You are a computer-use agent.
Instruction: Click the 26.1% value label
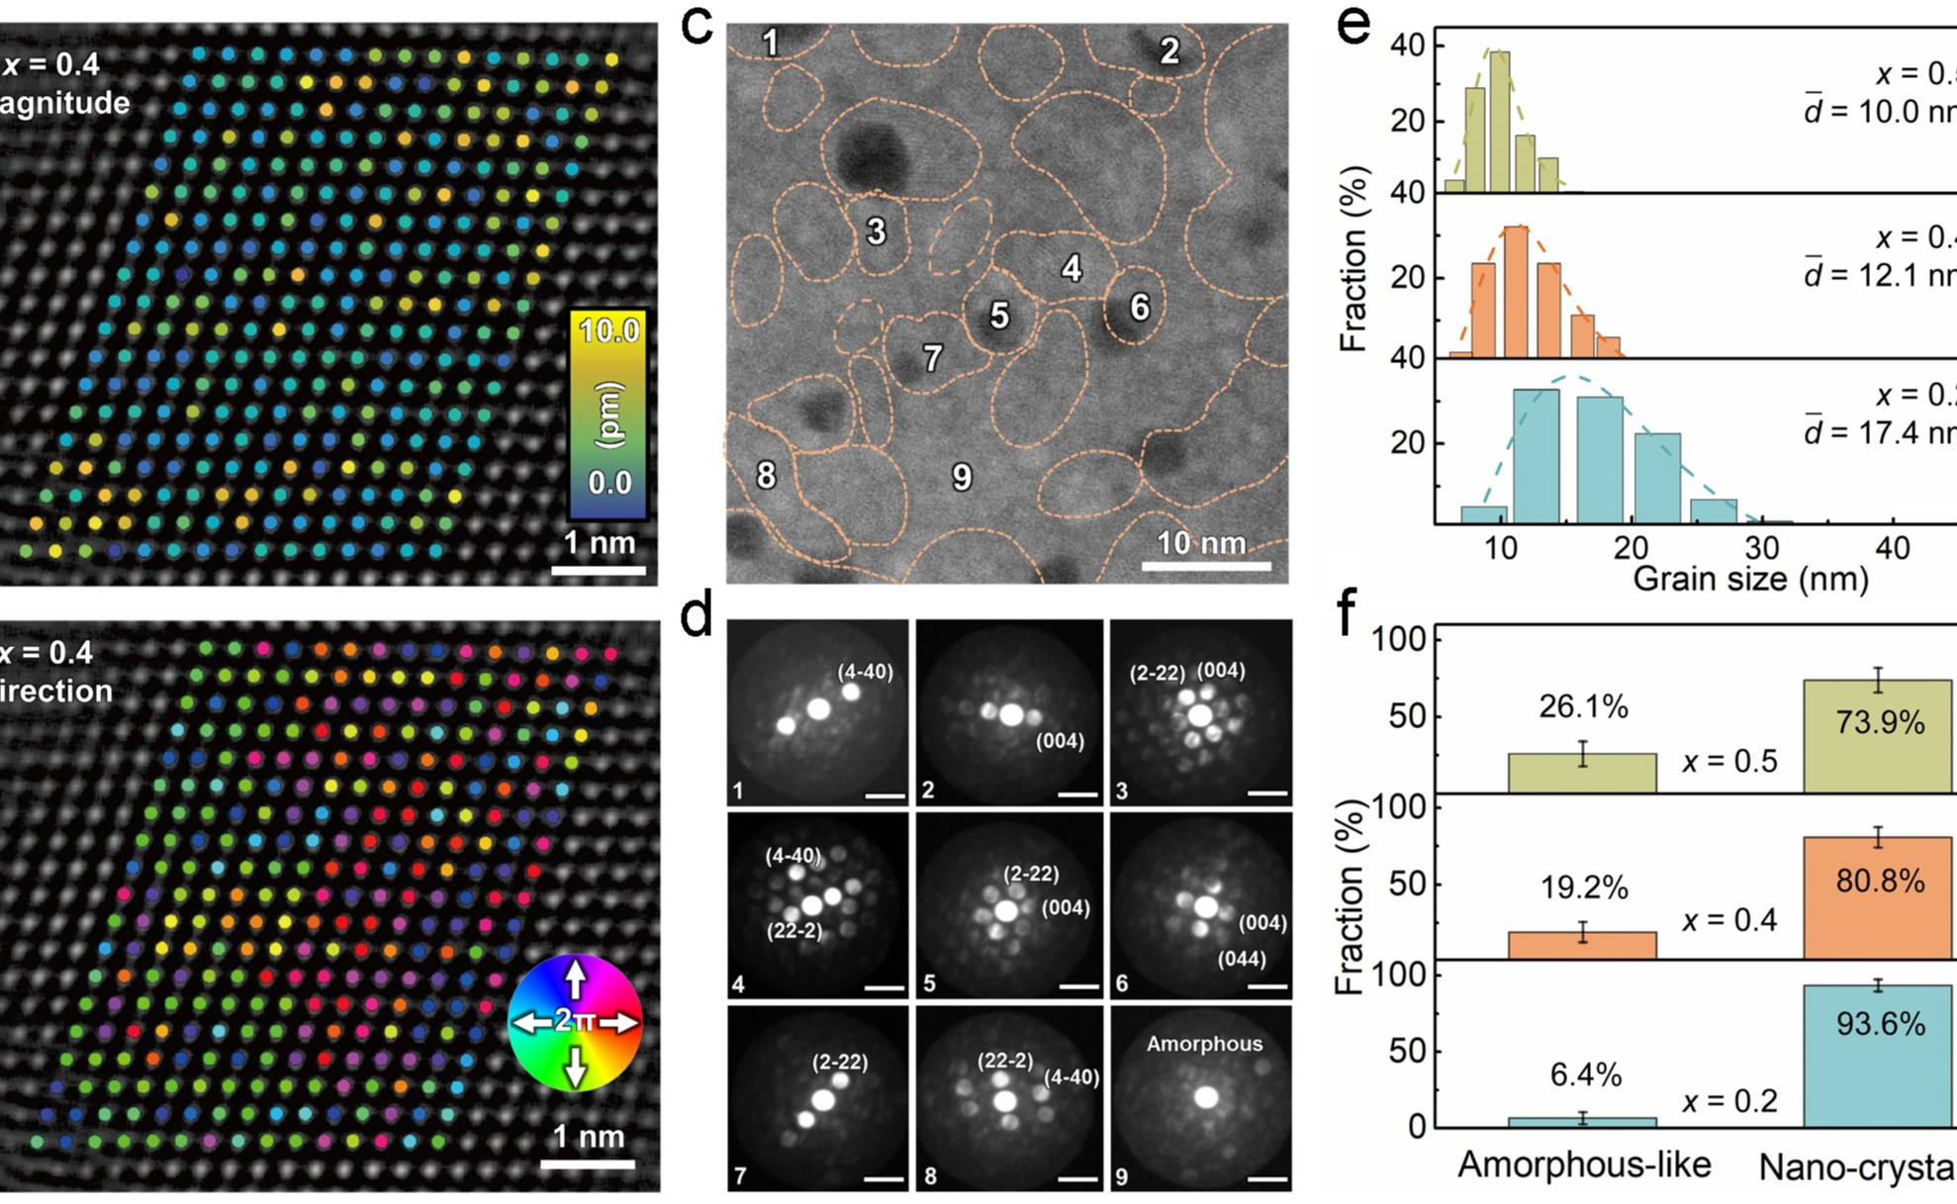coord(1583,706)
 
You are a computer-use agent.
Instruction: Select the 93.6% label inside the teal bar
coord(1880,1023)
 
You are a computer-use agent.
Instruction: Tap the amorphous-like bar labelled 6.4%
coord(1582,1121)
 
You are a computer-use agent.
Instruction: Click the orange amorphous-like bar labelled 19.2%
coord(1582,945)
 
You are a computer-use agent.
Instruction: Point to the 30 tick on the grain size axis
coord(1762,547)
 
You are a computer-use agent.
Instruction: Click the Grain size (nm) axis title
coord(1749,579)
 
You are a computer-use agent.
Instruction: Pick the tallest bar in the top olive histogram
coord(1500,121)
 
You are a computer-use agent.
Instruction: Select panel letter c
coord(698,26)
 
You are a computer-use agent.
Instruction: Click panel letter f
coord(1347,613)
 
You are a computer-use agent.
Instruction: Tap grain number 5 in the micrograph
coord(999,316)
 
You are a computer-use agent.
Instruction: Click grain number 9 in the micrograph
coord(962,478)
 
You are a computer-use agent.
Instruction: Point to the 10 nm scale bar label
coord(1201,542)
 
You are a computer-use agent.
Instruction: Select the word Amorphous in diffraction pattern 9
coord(1204,1044)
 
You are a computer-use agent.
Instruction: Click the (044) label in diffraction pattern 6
coord(1241,958)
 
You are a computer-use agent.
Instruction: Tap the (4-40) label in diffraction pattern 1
coord(865,672)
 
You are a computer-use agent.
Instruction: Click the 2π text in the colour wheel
coord(575,1021)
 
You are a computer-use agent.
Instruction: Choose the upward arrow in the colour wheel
coord(576,978)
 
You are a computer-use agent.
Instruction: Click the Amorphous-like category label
coord(1583,1164)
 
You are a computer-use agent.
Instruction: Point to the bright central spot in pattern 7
coord(823,1100)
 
